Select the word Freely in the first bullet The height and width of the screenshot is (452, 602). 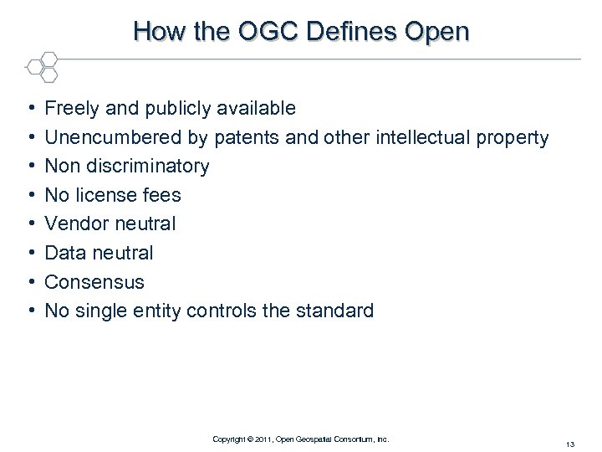pyautogui.click(x=70, y=108)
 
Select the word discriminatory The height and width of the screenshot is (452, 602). pyautogui.click(x=147, y=166)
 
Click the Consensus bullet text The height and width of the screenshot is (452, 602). pyautogui.click(x=94, y=282)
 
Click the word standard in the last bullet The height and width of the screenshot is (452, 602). pyautogui.click(x=337, y=311)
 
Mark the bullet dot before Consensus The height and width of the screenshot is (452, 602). pyautogui.click(x=30, y=282)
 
